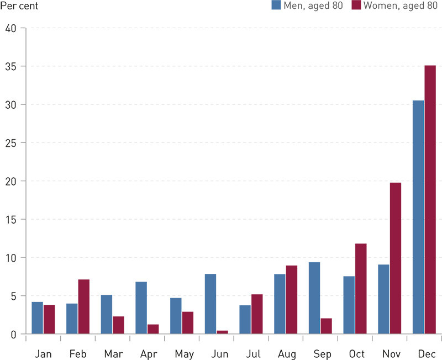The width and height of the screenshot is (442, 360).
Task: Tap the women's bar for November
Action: tap(395, 258)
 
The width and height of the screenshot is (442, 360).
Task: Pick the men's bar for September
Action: tap(314, 298)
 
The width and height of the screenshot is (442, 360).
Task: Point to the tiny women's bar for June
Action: tap(222, 332)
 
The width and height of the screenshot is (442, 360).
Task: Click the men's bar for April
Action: tap(141, 308)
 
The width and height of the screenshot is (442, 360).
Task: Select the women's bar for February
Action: tap(83, 306)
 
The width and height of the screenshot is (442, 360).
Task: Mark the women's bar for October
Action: tap(361, 289)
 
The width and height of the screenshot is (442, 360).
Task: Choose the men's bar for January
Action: tap(37, 317)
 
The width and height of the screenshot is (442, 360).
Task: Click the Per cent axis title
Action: tap(19, 6)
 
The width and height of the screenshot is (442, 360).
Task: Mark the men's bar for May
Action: tap(176, 316)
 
